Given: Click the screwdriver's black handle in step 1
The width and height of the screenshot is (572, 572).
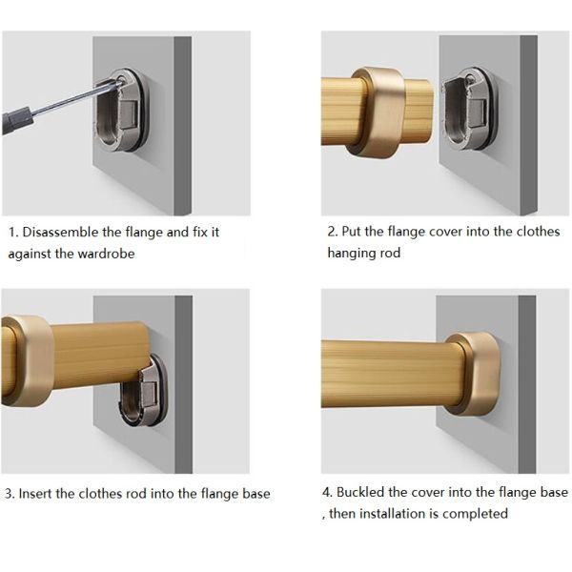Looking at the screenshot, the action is [17, 120].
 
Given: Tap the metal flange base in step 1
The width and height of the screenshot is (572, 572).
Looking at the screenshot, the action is [122, 110].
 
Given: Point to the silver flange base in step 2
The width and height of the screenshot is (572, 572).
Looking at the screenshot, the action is [471, 109].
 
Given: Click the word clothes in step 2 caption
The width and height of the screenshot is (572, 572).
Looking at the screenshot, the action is [538, 232].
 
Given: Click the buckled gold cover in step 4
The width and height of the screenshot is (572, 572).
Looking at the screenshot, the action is [474, 374].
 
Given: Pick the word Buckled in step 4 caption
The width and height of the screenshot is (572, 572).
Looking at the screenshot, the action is [360, 493].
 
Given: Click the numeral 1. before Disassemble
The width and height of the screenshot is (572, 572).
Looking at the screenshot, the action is [13, 233].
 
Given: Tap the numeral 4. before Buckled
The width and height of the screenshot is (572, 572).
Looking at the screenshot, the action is [327, 493].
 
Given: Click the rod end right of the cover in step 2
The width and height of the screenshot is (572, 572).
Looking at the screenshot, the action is [419, 110].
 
